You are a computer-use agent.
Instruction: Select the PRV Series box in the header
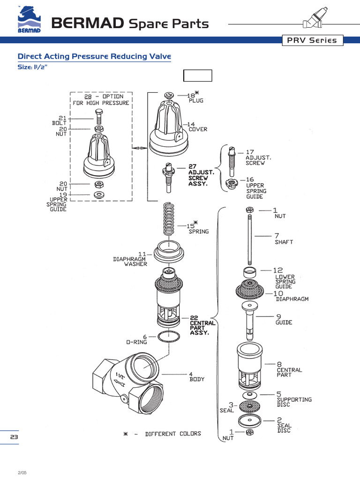pos(312,40)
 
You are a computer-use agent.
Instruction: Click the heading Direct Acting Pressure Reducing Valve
pos(94,57)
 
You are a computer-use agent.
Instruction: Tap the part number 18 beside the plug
pos(191,95)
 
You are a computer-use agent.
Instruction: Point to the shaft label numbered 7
pos(283,239)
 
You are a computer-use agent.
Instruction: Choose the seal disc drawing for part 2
pos(250,419)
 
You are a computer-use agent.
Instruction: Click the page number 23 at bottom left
pos(14,437)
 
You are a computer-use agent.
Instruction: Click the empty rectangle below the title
pos(197,75)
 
